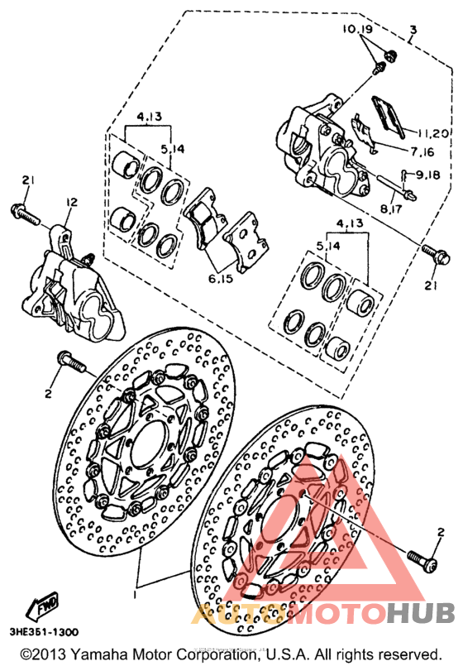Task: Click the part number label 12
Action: (x=72, y=203)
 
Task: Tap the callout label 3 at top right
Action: (x=413, y=30)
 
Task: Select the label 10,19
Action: (x=357, y=29)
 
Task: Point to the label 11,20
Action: (x=433, y=134)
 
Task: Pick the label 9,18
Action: (x=427, y=175)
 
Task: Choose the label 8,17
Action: (x=391, y=209)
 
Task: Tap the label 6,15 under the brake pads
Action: (x=221, y=279)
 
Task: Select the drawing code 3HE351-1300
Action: (x=44, y=632)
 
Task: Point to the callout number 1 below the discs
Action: (x=136, y=595)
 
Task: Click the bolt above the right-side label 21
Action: (x=436, y=254)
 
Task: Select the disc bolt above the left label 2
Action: (x=71, y=362)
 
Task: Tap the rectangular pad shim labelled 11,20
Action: (x=389, y=117)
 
